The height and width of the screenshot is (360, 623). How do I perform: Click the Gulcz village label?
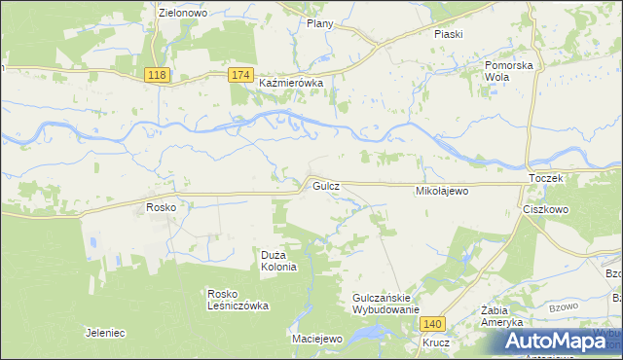point(325,185)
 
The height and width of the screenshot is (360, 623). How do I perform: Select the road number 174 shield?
point(242,75)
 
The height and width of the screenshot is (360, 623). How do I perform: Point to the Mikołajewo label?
point(443,192)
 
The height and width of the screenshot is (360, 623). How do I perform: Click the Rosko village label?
point(160,207)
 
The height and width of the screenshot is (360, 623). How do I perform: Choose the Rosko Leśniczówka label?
point(238,299)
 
